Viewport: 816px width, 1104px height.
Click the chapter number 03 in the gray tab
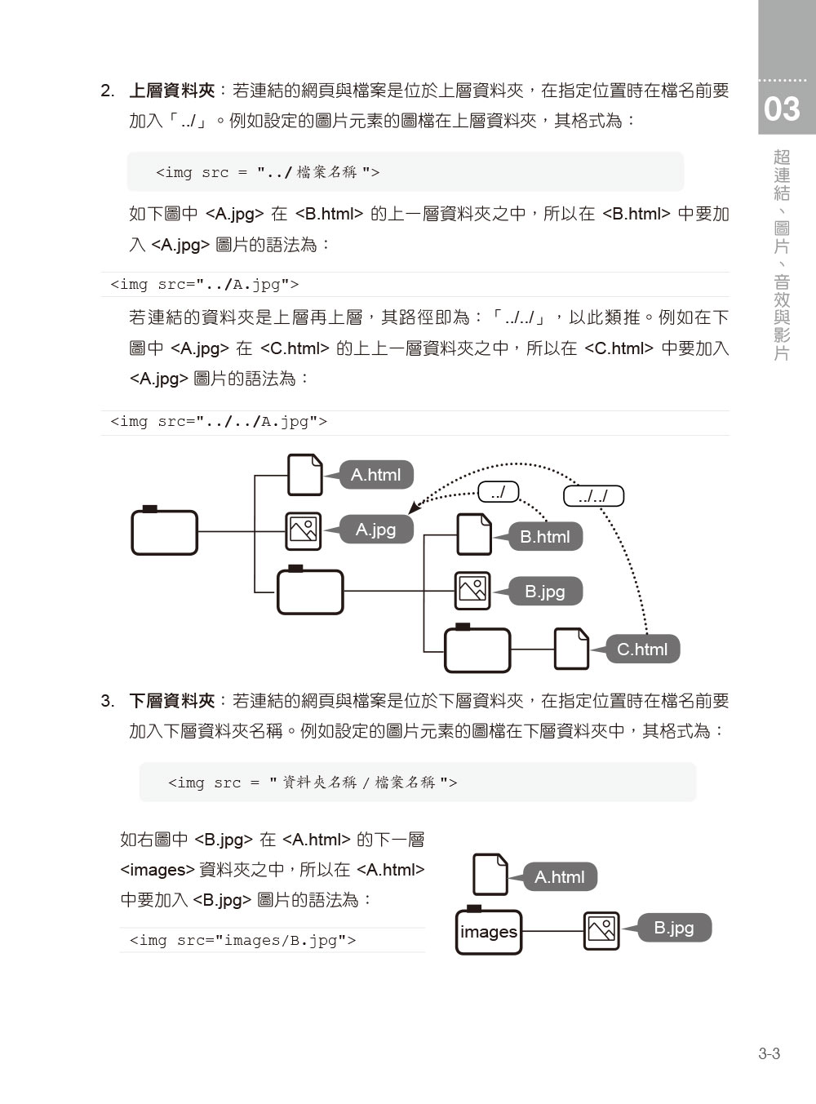click(x=782, y=109)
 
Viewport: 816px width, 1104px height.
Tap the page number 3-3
click(x=769, y=1053)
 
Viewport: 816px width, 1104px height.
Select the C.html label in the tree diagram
click(x=642, y=649)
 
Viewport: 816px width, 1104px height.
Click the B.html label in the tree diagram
click(x=545, y=537)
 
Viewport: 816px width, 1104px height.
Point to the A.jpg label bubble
click(x=376, y=529)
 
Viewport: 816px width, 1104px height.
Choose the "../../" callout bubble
click(x=593, y=496)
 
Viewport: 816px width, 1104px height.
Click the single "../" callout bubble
click(x=499, y=492)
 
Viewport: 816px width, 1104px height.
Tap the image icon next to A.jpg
click(x=304, y=531)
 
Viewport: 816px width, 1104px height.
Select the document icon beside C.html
click(x=572, y=649)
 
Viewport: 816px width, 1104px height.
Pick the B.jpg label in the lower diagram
click(x=674, y=927)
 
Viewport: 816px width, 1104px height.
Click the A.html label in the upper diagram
click(x=376, y=474)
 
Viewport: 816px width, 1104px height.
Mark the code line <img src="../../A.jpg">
click(x=219, y=422)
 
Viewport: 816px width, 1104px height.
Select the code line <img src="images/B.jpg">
click(x=242, y=940)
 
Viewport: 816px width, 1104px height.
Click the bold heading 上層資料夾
click(x=171, y=91)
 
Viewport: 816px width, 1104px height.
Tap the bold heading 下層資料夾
click(x=171, y=701)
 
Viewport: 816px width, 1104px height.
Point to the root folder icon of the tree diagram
click(x=164, y=531)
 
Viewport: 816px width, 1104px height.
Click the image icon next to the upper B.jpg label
click(x=472, y=591)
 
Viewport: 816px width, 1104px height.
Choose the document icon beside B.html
click(x=474, y=534)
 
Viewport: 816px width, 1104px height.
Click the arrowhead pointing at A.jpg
click(x=413, y=508)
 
